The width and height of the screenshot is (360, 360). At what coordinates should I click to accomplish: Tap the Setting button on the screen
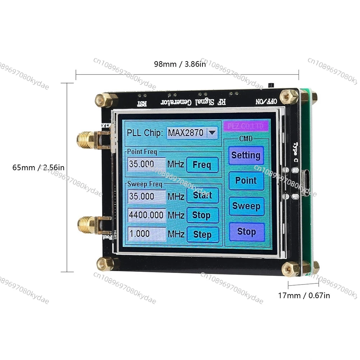tap(246, 155)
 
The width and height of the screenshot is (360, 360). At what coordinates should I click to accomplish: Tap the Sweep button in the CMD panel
tap(246, 206)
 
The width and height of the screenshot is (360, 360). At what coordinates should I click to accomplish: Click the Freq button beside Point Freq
tap(202, 165)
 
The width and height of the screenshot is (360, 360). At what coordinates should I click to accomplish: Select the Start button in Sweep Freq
tap(202, 196)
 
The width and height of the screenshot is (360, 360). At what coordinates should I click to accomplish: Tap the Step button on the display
tap(202, 234)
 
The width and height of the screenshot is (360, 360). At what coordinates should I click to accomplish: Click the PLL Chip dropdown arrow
tap(212, 133)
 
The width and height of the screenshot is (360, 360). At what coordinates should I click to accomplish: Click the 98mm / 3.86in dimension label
tap(180, 64)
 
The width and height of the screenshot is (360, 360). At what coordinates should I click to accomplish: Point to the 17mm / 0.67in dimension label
tap(304, 296)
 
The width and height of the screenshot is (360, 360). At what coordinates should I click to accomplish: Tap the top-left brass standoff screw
tap(104, 100)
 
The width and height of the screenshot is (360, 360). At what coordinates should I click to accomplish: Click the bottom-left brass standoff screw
tap(105, 264)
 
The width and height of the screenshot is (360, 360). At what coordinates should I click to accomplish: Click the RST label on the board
tap(142, 104)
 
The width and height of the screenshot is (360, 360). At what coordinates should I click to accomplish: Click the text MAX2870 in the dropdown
tap(186, 133)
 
